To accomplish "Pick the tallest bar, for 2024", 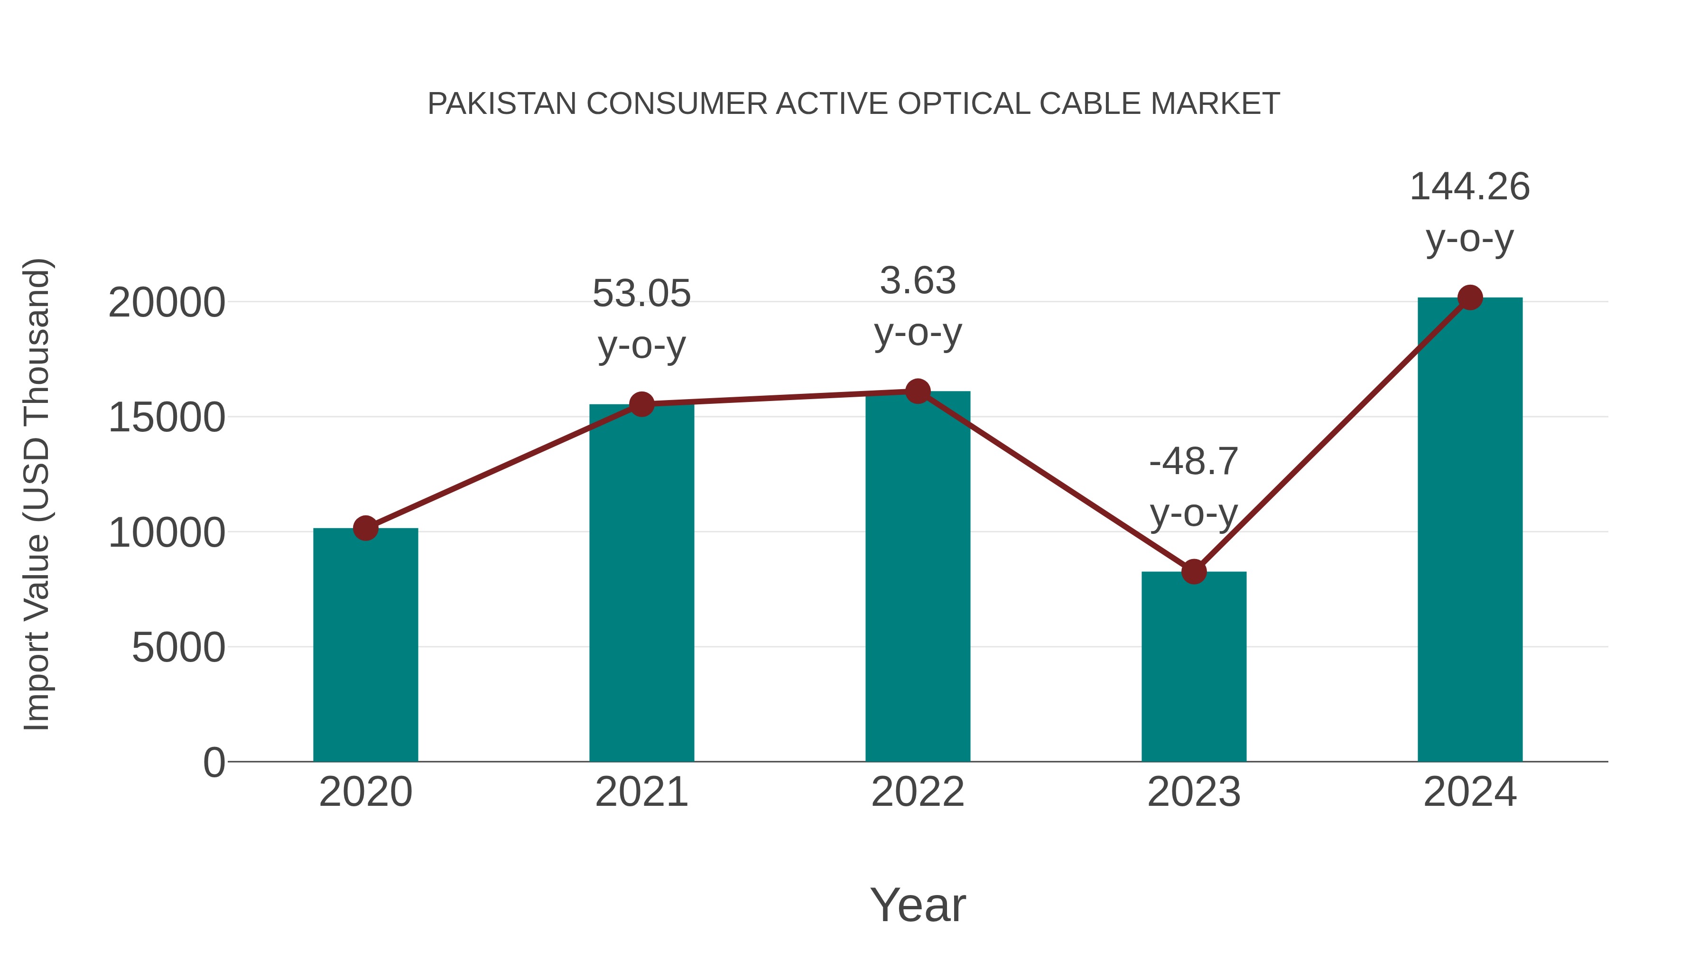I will pos(1470,531).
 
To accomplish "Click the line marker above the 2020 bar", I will pos(365,529).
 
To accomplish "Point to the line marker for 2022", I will pos(918,392).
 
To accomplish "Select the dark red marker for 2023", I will pos(1194,571).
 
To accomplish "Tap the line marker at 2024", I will pos(1470,298).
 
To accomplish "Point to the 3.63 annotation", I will pos(918,280).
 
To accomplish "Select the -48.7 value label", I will pos(1194,462).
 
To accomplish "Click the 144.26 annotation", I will pos(1470,187).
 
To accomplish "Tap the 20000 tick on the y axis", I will pos(167,303).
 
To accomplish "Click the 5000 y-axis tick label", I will pos(178,648).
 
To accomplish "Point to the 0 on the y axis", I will pos(213,763).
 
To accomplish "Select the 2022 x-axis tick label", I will pos(918,792).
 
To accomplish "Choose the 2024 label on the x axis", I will pos(1470,792).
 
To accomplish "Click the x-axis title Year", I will pos(918,905).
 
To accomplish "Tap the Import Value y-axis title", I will pos(37,494).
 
